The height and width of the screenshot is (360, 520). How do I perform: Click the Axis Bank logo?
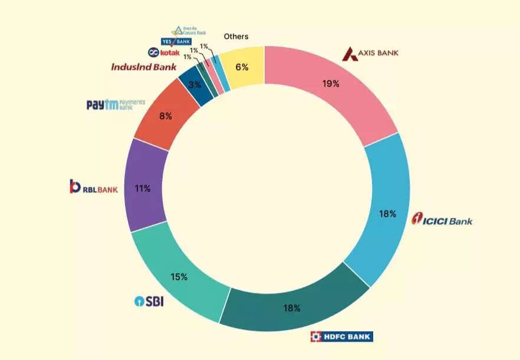coord(371,53)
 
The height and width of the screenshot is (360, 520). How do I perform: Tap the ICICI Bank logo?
coord(442,221)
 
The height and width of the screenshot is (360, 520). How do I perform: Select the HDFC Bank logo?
coord(341,336)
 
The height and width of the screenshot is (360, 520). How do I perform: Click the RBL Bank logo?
coord(94,187)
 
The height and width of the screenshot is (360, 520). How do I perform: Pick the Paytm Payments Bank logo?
coord(115,105)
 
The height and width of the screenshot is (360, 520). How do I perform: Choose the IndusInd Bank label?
coord(144,67)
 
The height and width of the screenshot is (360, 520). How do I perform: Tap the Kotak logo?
coord(164,53)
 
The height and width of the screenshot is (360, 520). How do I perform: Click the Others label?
coord(236,37)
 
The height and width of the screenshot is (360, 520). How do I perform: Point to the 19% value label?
coord(331,84)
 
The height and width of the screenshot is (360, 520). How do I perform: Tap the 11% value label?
coord(143,189)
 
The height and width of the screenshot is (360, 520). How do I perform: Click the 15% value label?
coord(180,276)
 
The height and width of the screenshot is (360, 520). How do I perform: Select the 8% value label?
coord(166,116)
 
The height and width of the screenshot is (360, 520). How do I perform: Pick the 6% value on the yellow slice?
coord(242,67)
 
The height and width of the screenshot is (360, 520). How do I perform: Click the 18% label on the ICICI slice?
coord(387,214)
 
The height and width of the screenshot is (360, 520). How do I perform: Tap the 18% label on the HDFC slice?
coord(292,308)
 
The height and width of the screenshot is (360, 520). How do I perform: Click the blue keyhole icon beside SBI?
coord(139,302)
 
